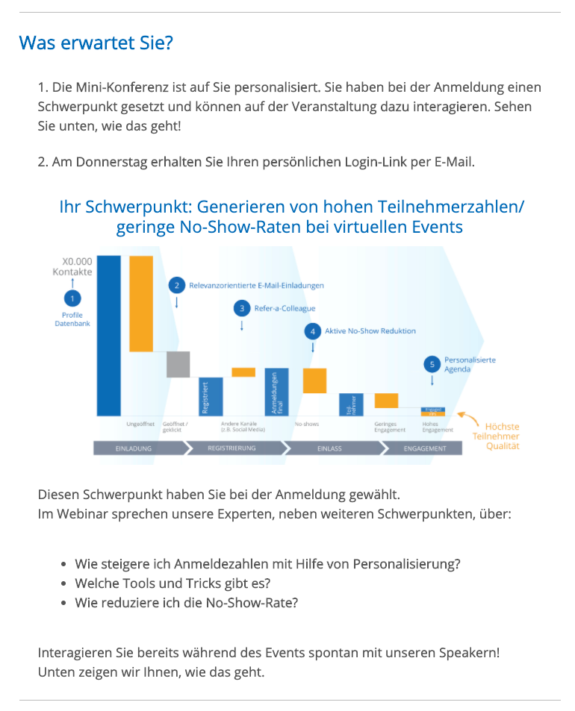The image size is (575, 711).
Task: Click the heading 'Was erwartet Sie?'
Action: (96, 43)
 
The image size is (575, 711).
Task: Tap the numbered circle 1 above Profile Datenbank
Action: (72, 298)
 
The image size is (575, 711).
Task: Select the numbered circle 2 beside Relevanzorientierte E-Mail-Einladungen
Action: (177, 284)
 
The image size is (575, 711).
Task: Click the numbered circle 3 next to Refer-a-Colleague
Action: (241, 307)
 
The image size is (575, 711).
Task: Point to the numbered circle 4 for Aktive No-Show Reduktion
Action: (312, 331)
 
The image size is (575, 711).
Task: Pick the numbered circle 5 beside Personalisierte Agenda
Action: (432, 364)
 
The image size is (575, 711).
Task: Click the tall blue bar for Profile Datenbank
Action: (108, 335)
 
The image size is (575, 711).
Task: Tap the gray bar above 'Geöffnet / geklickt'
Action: (178, 363)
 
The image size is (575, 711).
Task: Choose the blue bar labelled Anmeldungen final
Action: (276, 392)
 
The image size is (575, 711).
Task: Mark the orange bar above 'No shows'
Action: (314, 380)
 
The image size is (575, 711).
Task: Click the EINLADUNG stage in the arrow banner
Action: (136, 448)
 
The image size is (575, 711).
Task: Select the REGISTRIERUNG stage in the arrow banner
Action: (232, 448)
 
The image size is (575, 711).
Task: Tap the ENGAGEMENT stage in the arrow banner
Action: (425, 448)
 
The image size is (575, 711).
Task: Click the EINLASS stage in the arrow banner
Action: (329, 448)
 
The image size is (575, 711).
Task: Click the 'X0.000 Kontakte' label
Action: (73, 266)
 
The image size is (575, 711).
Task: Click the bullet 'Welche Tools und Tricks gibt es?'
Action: (172, 583)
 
